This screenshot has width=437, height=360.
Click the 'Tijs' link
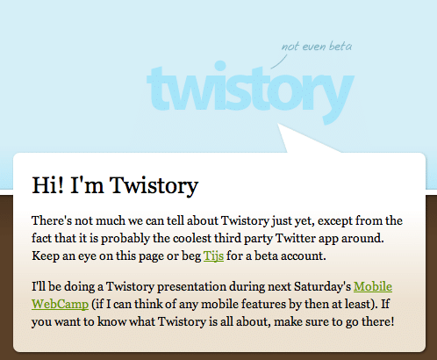(x=213, y=256)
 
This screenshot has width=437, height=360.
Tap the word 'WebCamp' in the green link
(x=60, y=304)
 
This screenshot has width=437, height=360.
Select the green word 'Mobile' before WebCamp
(x=373, y=286)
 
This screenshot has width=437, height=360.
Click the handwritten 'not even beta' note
(x=317, y=47)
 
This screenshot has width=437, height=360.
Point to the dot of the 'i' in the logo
(x=220, y=66)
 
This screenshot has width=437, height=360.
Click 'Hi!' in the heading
(x=47, y=185)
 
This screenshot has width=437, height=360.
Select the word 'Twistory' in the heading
(x=154, y=186)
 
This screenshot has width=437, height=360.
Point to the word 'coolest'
(x=192, y=238)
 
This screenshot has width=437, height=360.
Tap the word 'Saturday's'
(x=322, y=287)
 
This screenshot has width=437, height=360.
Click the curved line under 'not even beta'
(x=279, y=62)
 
